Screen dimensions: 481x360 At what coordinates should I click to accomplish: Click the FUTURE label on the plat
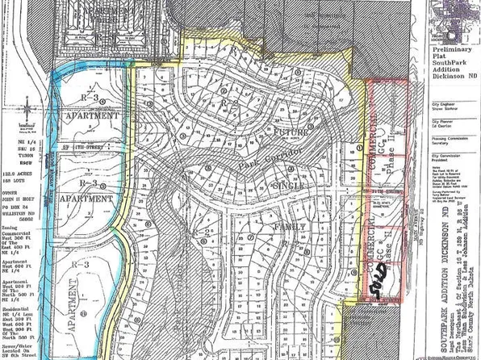coord(287,130)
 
